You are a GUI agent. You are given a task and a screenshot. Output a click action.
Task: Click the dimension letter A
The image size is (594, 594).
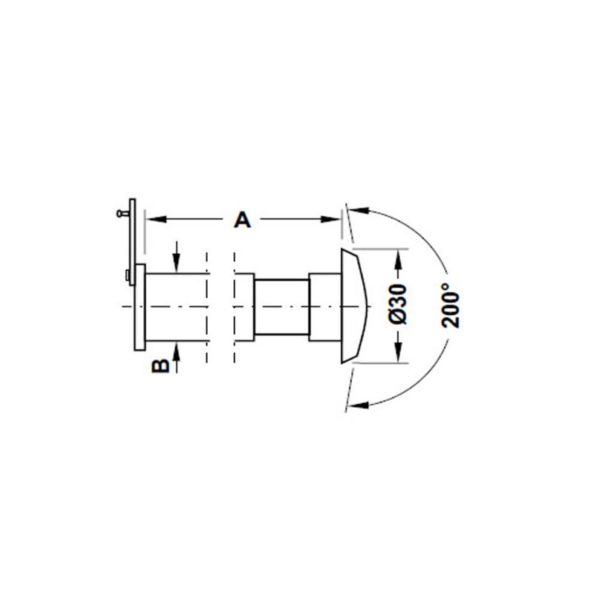click(243, 220)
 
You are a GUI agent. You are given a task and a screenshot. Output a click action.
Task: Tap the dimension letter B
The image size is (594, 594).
click(160, 366)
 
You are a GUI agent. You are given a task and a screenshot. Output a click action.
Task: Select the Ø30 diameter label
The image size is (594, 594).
click(398, 304)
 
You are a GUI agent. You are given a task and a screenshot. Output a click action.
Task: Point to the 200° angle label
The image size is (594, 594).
click(451, 305)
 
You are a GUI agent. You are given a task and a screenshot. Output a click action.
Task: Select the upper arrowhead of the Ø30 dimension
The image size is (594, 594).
click(398, 259)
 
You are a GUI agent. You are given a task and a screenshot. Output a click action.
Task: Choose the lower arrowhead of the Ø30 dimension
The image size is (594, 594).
click(398, 352)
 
